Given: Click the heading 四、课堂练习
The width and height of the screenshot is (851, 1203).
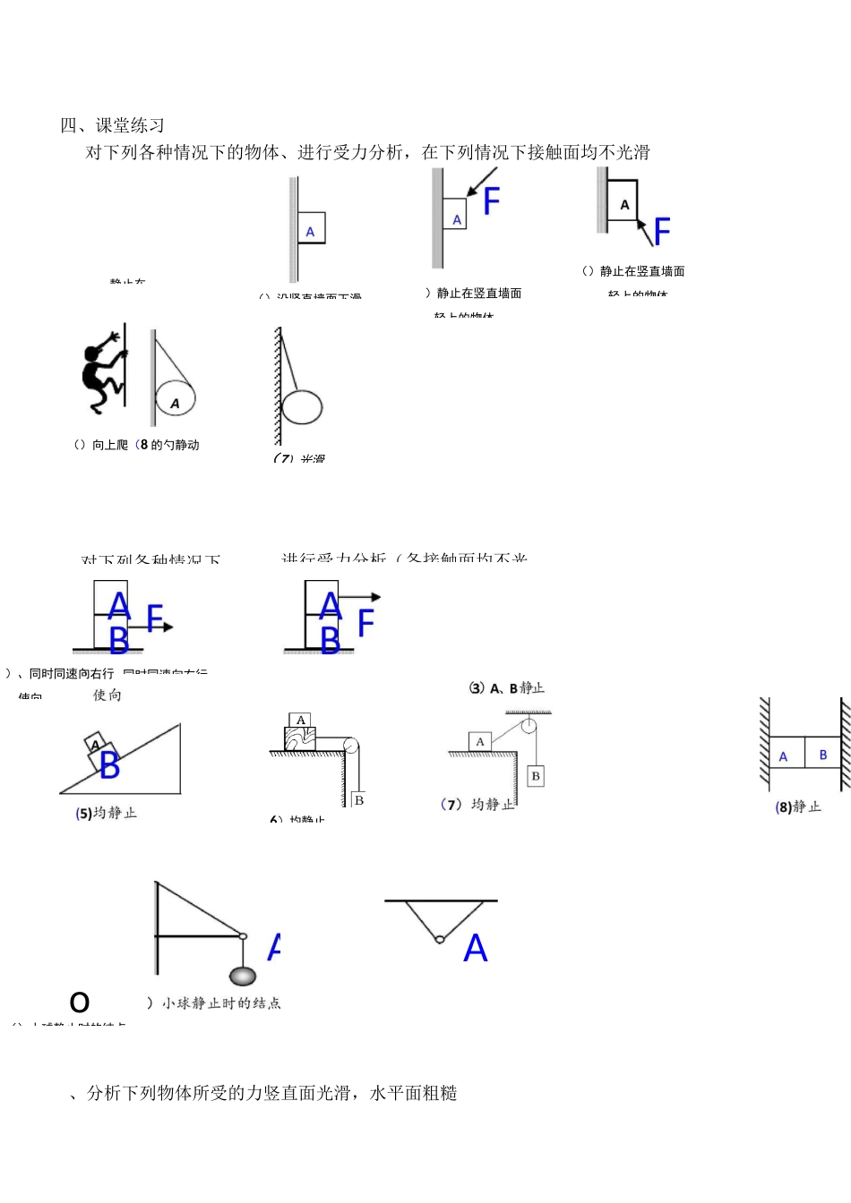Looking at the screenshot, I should coord(113,125).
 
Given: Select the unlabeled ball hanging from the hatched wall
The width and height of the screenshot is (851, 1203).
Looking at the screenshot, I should coord(302,407).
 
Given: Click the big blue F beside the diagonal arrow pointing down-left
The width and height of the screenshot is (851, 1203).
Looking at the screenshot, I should coord(491,201).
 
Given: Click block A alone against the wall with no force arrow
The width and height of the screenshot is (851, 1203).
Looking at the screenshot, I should coord(310,228).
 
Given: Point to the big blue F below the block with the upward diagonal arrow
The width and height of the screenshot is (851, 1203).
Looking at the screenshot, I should coord(662,232).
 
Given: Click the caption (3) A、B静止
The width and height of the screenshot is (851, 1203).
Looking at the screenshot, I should coord(507,687).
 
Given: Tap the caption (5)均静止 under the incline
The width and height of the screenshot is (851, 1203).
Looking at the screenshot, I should coord(107,813).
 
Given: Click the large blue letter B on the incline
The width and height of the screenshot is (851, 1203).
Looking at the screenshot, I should coord(109,766).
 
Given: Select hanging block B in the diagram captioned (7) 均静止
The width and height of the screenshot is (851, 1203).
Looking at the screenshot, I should coord(535,775).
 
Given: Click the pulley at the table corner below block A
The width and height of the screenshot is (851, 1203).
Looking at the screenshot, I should coord(351,745).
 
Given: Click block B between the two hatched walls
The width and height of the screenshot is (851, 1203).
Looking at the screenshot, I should coord(822,755).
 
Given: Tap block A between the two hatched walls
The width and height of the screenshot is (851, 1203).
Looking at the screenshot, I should coord(784,755).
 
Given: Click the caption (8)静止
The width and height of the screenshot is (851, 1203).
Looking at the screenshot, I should coord(797,806).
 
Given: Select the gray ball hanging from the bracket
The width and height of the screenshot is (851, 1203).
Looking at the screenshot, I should coord(243,977).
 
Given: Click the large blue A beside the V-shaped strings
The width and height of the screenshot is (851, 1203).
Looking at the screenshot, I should coord(475,948).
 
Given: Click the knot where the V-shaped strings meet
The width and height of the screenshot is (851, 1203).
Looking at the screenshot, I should coord(439,939).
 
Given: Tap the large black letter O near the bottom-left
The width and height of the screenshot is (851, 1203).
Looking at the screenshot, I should coord(80,1002).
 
